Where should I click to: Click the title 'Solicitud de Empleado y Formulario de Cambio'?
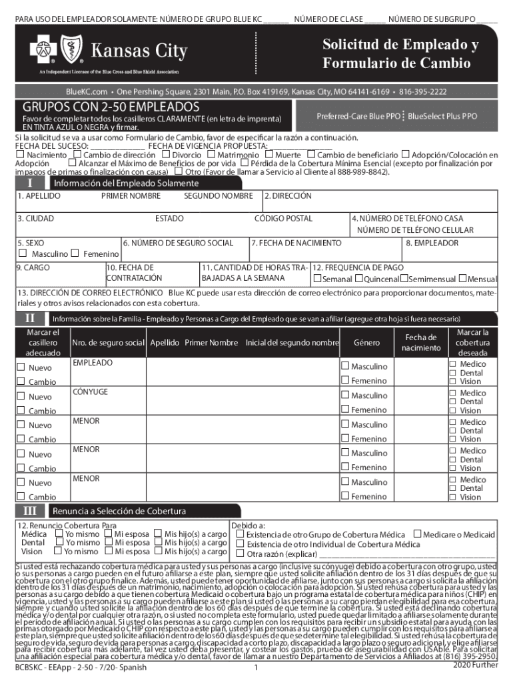(x=400, y=54)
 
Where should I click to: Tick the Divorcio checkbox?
(x=167, y=155)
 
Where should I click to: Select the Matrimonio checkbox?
(x=211, y=155)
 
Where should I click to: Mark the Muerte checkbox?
(x=268, y=155)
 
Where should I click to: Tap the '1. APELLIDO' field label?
(x=39, y=196)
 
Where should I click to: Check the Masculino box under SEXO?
(x=23, y=253)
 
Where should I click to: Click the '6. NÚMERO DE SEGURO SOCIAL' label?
(x=178, y=243)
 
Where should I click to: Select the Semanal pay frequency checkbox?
(x=317, y=278)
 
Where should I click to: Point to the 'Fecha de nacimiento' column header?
(x=421, y=343)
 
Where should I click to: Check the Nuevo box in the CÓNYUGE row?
(x=21, y=397)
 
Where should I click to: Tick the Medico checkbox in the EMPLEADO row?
(x=453, y=364)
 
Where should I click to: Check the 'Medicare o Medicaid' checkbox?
(x=417, y=534)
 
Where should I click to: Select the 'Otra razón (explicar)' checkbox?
(x=241, y=553)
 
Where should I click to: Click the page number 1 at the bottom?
(x=256, y=667)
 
